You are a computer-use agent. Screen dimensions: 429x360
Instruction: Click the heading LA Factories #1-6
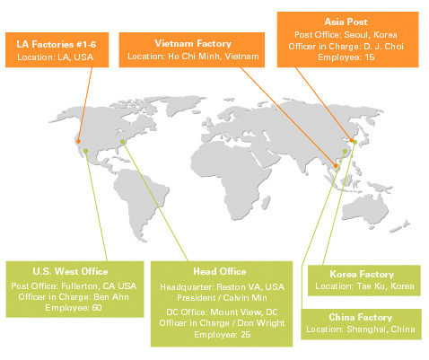(x=57, y=44)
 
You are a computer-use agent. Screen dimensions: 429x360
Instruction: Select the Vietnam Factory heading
(x=193, y=44)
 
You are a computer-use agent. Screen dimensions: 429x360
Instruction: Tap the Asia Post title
(x=346, y=22)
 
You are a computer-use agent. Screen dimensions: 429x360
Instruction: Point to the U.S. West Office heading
(x=70, y=271)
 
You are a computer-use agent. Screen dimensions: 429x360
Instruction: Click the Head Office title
(x=220, y=271)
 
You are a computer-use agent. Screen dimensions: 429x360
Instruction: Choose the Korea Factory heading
(x=362, y=274)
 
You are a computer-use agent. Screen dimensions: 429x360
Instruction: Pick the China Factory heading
(x=361, y=317)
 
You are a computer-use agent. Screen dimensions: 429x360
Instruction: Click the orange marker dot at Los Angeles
(x=78, y=141)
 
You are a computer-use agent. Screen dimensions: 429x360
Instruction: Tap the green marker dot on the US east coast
(x=122, y=142)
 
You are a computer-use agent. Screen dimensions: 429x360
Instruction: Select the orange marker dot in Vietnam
(x=336, y=166)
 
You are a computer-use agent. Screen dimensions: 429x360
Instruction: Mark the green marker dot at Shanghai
(x=345, y=152)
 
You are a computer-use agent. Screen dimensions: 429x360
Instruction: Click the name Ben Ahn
(x=111, y=297)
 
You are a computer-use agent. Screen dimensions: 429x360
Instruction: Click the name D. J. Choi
(x=383, y=47)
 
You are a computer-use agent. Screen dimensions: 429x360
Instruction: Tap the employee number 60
(x=97, y=308)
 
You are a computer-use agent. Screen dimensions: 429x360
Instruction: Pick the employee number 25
(x=246, y=335)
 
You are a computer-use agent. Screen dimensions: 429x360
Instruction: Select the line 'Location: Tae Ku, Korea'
(x=364, y=286)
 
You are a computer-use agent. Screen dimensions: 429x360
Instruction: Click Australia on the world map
(x=365, y=209)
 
